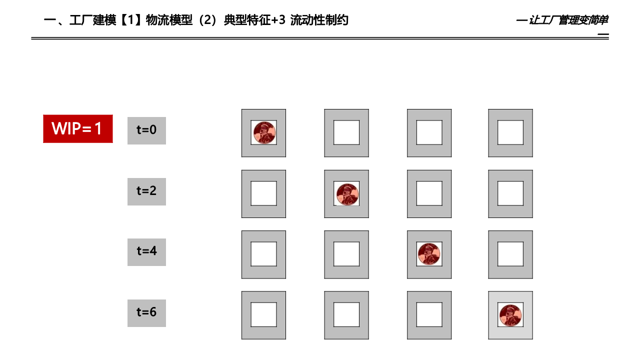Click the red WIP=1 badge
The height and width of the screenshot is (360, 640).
tap(77, 129)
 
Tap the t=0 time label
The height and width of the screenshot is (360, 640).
tap(146, 130)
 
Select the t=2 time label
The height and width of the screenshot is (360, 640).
tap(146, 191)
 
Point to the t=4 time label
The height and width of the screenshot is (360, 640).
tap(146, 251)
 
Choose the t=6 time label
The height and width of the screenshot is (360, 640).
tap(146, 312)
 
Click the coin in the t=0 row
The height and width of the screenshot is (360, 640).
tap(263, 133)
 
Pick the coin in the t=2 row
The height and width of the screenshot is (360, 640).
tap(346, 194)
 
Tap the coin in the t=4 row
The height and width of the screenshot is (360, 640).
tap(429, 254)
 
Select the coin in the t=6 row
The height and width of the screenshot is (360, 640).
tap(510, 315)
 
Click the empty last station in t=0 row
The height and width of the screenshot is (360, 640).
tap(510, 133)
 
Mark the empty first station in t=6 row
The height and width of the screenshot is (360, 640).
tap(263, 315)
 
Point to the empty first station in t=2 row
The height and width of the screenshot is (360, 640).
tap(263, 194)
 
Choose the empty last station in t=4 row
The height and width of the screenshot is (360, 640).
tap(510, 254)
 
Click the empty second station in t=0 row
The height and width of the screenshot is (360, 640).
tap(346, 133)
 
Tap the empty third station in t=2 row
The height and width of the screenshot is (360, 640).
tap(429, 194)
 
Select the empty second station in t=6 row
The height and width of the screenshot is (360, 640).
tap(346, 315)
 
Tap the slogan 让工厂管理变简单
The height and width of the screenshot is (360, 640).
tap(568, 20)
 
